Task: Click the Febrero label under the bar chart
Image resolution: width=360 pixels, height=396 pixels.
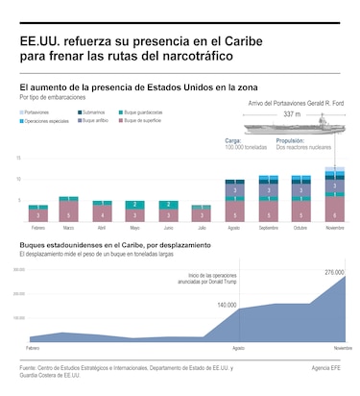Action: tap(38, 228)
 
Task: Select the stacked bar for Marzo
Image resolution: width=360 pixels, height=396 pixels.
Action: tap(68, 209)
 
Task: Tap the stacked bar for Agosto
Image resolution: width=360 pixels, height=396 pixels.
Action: tap(234, 201)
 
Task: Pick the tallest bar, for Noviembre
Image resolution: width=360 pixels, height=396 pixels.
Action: tap(334, 196)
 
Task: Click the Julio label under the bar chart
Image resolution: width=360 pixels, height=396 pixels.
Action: tap(201, 228)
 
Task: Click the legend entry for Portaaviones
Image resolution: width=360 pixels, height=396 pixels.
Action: tap(39, 111)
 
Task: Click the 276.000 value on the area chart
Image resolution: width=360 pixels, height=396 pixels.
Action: tap(334, 272)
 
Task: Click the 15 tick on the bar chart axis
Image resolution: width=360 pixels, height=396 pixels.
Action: tap(20, 158)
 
